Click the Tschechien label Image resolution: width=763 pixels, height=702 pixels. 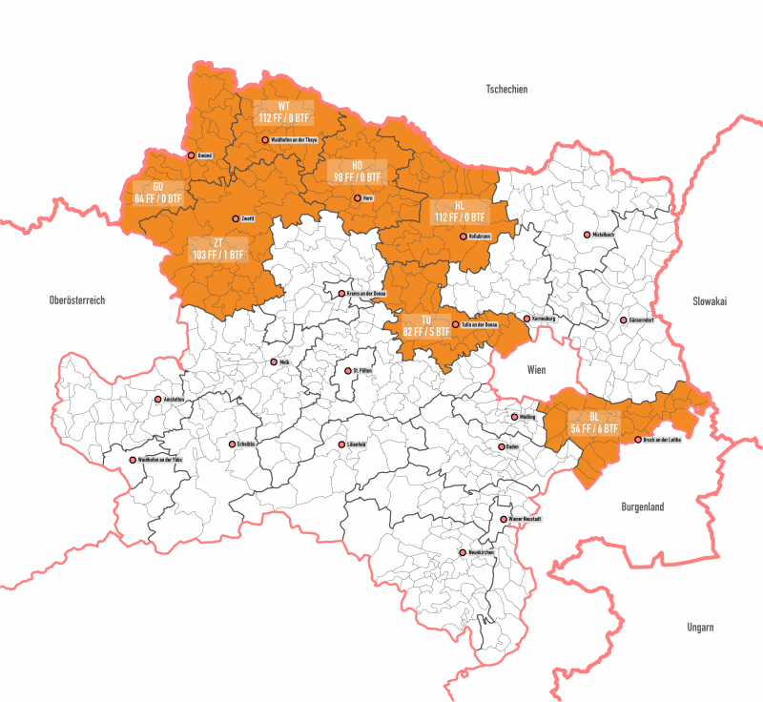click(506, 90)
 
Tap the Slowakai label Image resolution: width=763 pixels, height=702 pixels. click(710, 300)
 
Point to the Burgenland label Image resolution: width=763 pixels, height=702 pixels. click(641, 507)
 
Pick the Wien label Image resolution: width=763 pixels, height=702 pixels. click(532, 366)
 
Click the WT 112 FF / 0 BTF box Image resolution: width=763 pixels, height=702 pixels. click(284, 112)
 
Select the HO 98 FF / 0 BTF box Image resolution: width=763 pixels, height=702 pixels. click(357, 171)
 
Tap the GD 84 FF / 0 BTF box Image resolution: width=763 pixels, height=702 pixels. click(158, 192)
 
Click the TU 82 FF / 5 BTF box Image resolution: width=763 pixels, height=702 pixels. click(426, 325)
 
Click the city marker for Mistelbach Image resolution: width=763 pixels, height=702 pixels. click(588, 235)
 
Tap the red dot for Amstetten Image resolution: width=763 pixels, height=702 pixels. click(158, 400)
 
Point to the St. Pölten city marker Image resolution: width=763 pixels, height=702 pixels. click(348, 371)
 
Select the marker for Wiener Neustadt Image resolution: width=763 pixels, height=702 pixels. click(505, 519)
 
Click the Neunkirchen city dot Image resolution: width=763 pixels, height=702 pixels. click(463, 552)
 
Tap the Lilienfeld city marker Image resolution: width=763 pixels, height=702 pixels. click(341, 444)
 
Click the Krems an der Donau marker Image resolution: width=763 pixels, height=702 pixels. click(341, 294)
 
